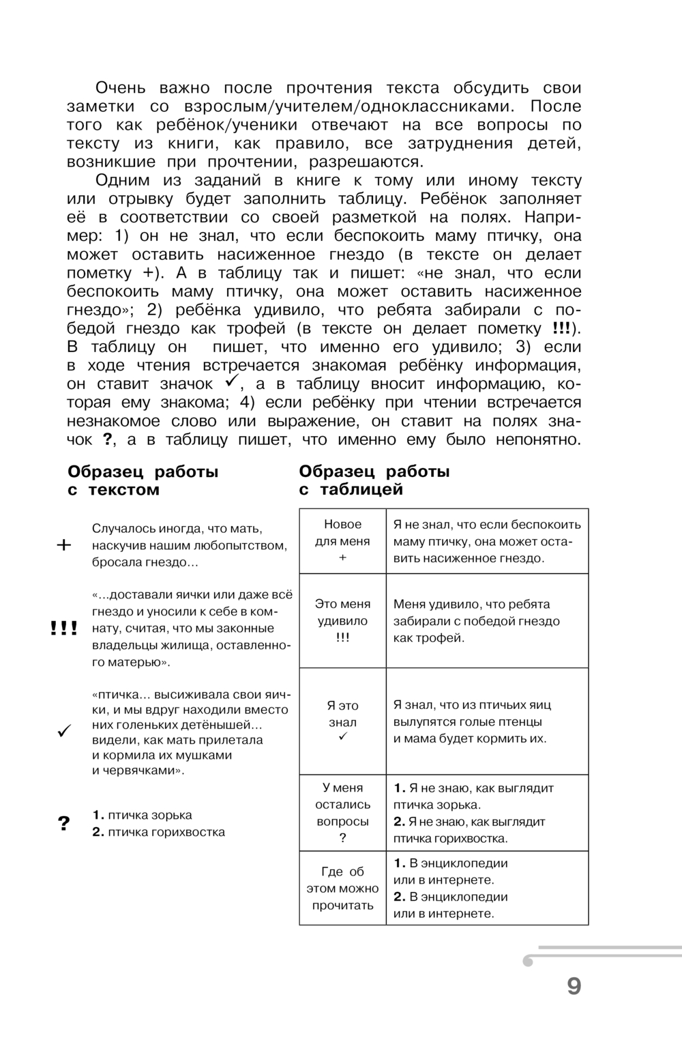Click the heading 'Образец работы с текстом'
[x=143, y=480]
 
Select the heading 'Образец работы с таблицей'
[x=374, y=480]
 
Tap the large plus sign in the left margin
[x=63, y=545]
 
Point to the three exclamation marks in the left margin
[x=63, y=628]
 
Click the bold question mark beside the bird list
[x=64, y=824]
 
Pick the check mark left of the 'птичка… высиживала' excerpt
[x=64, y=731]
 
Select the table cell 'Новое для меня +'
[x=342, y=541]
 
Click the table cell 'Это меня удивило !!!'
[x=342, y=621]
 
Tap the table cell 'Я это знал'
[x=342, y=721]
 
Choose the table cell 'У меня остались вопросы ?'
[x=342, y=813]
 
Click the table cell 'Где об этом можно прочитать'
[x=342, y=888]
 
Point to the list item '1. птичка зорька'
[x=142, y=815]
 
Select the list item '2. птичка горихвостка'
[x=158, y=832]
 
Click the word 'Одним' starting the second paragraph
[x=119, y=180]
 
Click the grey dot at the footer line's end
[x=527, y=961]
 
